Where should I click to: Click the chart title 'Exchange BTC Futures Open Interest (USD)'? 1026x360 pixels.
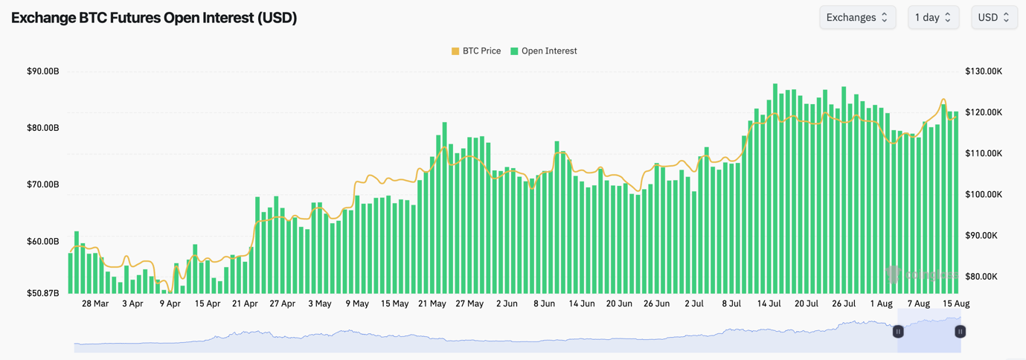[x=154, y=18]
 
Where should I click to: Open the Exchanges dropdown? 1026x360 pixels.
[x=857, y=17]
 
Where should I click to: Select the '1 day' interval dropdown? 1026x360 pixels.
[x=933, y=17]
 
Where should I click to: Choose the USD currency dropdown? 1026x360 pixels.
[x=994, y=17]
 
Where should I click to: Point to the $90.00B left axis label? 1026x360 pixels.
[x=43, y=71]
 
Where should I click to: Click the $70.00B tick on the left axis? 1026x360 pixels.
[x=43, y=184]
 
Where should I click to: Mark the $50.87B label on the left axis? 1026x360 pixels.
[x=43, y=293]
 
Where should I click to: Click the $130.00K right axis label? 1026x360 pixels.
[x=984, y=71]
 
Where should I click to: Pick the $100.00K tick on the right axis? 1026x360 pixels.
[x=984, y=194]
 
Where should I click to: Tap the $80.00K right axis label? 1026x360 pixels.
[x=984, y=277]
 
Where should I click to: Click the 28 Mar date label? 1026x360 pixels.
[x=95, y=303]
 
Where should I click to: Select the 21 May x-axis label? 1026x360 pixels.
[x=432, y=303]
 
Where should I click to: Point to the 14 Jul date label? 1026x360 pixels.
[x=769, y=303]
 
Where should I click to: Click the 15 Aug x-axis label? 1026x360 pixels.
[x=956, y=303]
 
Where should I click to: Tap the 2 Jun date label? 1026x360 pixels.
[x=507, y=303]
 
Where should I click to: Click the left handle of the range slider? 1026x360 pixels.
[x=898, y=332]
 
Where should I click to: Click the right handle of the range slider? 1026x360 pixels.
[x=961, y=332]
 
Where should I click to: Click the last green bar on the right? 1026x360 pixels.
[x=957, y=208]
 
